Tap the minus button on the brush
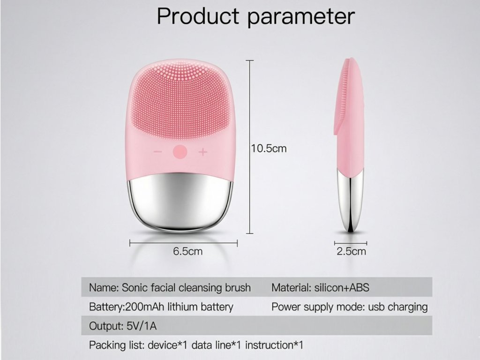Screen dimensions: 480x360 (x=157, y=151)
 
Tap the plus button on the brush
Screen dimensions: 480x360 (x=202, y=151)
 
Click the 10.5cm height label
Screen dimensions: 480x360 (x=269, y=149)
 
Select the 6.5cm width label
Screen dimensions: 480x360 (x=187, y=251)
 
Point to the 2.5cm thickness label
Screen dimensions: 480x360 (x=351, y=251)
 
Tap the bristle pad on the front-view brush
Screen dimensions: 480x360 (x=180, y=98)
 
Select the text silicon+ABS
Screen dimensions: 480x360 (x=342, y=288)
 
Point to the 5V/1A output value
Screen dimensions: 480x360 (x=141, y=326)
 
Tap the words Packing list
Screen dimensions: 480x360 (x=116, y=345)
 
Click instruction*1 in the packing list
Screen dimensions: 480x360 (x=274, y=345)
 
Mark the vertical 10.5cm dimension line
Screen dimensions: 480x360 (x=250, y=147)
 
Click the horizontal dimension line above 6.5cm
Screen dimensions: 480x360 (x=184, y=243)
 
